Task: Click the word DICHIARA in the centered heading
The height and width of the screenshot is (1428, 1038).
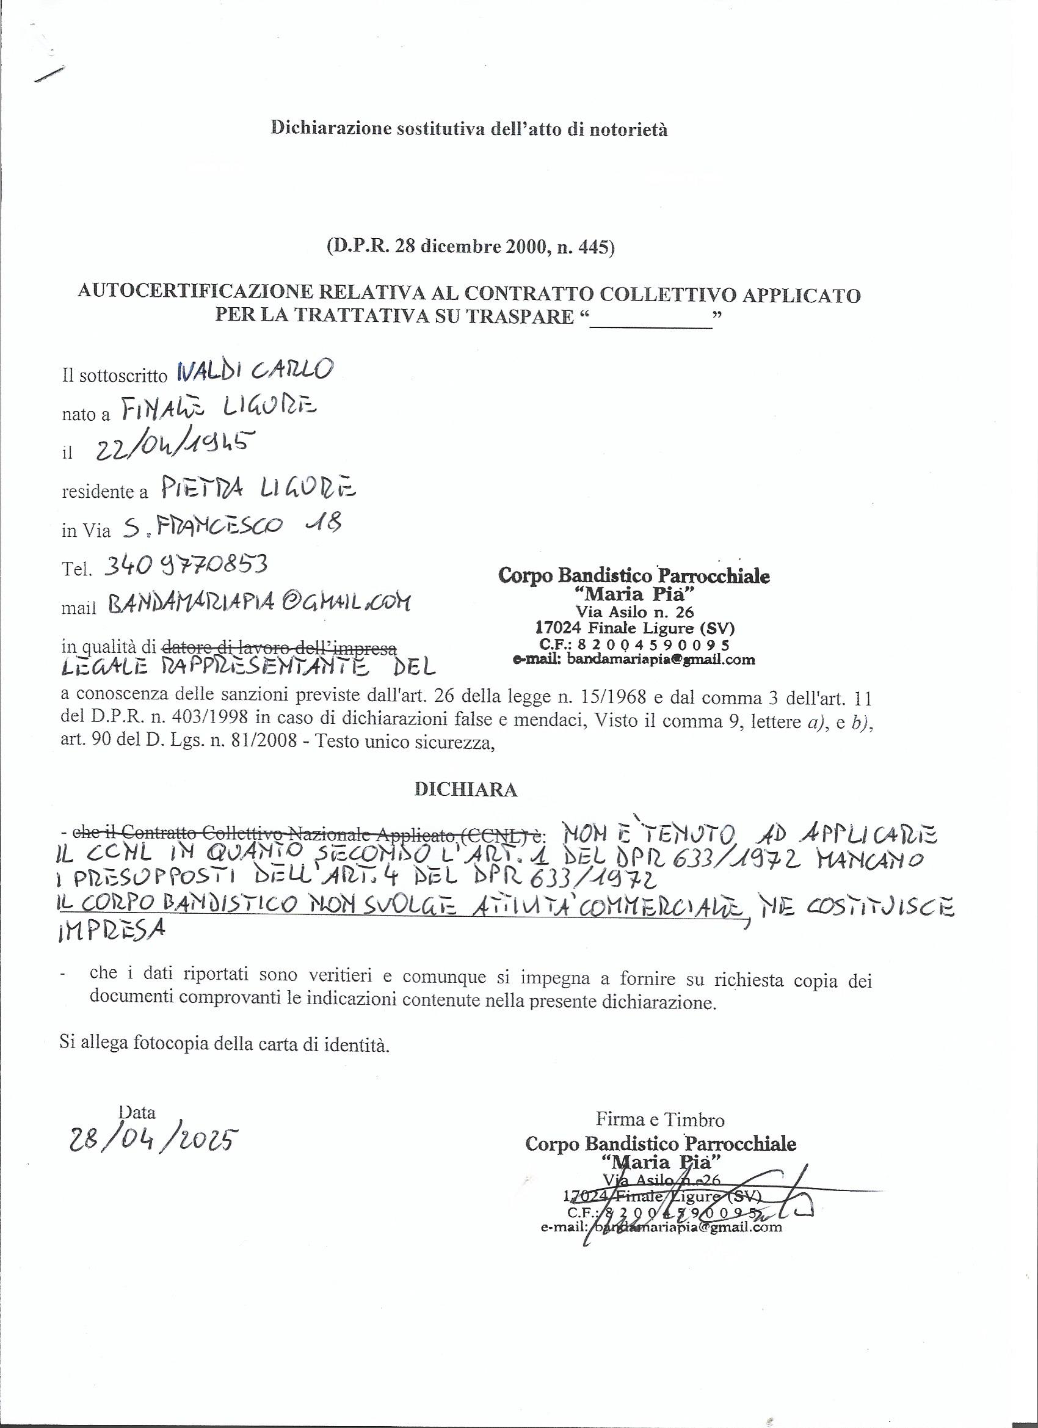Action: pos(466,790)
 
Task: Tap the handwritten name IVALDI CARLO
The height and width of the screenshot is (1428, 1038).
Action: pos(256,371)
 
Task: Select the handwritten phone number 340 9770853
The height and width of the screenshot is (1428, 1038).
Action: pos(185,565)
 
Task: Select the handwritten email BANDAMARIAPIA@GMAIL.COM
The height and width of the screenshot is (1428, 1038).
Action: pos(259,604)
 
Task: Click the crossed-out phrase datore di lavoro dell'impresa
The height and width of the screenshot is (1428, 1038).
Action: pos(280,647)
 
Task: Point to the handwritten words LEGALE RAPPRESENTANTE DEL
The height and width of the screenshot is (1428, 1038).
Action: pos(249,667)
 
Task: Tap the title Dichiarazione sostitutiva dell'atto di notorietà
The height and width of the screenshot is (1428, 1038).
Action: pos(469,128)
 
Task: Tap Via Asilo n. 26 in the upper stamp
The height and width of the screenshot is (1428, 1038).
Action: pos(634,611)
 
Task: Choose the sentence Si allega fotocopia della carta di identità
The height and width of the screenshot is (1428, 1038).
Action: pos(225,1044)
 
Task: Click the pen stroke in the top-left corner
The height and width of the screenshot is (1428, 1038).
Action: pos(50,75)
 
